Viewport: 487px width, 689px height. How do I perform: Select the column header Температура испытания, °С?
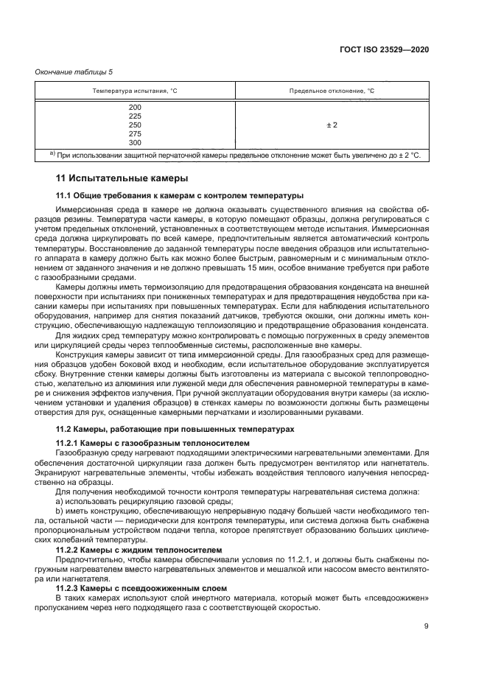tap(134, 91)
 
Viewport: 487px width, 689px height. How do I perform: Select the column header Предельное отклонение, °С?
tap(332, 91)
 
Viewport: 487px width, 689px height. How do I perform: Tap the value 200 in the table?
tap(134, 108)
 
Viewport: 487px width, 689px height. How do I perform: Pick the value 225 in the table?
tap(134, 116)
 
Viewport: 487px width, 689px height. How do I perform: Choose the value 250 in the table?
tap(134, 125)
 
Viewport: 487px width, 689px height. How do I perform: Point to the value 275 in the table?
tap(134, 134)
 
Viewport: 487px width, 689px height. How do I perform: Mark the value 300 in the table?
tap(134, 143)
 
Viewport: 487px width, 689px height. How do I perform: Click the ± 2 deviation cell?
tap(332, 125)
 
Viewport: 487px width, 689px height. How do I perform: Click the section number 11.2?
tap(65, 428)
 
